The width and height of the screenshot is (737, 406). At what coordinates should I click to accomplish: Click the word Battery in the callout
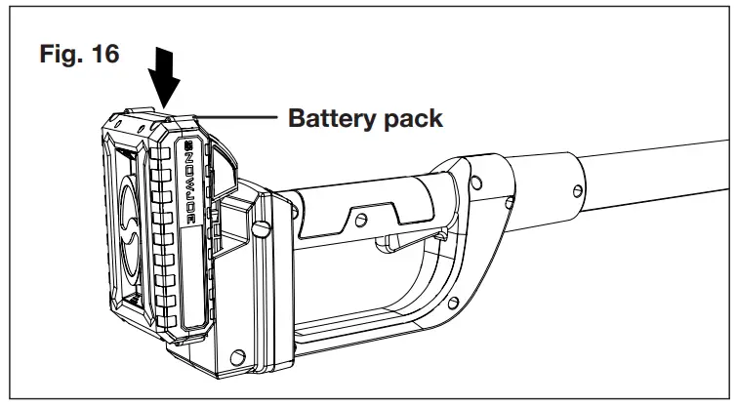330,119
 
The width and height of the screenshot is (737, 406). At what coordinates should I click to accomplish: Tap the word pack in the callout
411,120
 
